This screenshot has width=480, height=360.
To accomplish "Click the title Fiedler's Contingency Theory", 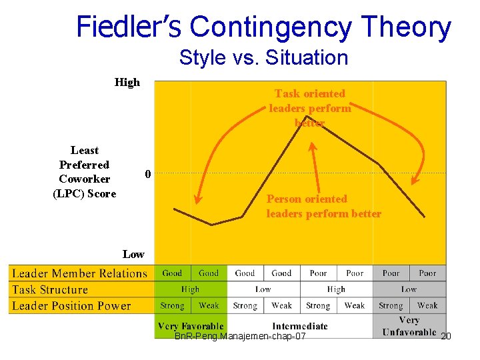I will [x=263, y=27].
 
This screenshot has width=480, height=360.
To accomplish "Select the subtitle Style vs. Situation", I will [x=263, y=57].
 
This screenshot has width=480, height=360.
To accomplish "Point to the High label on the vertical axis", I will [x=127, y=83].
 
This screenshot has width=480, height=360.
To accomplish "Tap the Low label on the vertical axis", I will [x=133, y=254].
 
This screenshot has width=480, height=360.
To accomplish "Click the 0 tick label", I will [x=148, y=174].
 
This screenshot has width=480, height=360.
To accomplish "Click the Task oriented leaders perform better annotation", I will [x=310, y=107].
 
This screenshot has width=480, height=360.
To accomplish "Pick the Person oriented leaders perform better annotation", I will [x=323, y=206].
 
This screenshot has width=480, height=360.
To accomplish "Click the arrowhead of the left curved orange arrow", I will [x=198, y=199].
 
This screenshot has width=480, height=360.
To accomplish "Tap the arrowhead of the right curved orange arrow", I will [x=416, y=179].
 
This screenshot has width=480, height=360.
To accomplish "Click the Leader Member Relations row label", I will [x=79, y=273].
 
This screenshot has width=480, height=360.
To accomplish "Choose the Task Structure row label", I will [x=50, y=289].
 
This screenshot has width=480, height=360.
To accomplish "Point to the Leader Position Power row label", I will [x=71, y=306].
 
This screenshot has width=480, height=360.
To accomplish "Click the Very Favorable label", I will [x=191, y=327].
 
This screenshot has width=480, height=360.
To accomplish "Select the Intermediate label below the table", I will [x=300, y=326].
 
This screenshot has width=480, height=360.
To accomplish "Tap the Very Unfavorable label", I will [x=409, y=327].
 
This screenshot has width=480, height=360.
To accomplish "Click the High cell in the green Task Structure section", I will [x=190, y=289].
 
